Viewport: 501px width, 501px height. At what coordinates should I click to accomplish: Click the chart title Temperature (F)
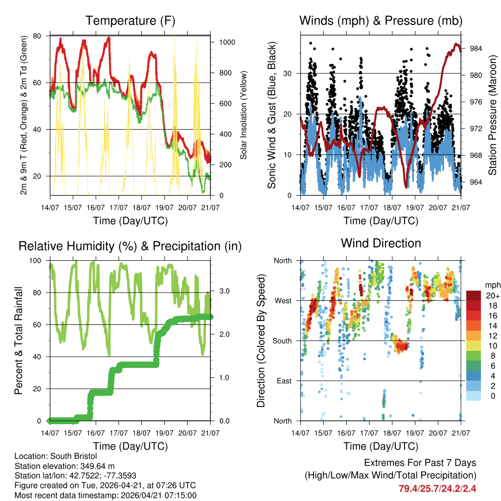130,21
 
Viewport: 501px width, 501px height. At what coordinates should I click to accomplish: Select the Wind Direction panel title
381,243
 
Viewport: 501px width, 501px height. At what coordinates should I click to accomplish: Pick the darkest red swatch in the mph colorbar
474,296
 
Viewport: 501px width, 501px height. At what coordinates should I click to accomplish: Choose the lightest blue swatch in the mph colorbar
474,395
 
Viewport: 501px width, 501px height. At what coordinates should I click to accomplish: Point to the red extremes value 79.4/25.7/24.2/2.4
438,488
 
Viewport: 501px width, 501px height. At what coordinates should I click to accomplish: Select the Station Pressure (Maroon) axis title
493,115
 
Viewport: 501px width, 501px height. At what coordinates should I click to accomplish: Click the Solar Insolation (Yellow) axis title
243,115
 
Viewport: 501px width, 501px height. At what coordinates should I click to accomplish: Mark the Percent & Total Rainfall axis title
19,341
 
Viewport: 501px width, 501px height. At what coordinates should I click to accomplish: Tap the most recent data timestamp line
105,495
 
